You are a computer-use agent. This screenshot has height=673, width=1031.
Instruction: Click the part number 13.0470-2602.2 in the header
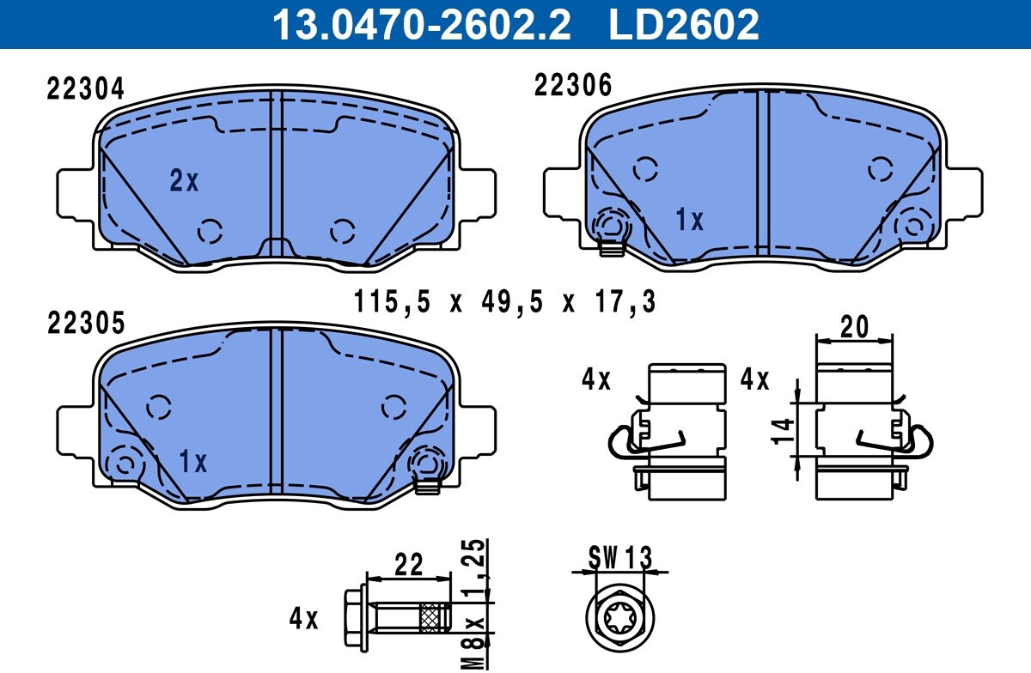(422, 24)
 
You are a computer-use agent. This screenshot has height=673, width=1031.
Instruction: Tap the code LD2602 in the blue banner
(684, 24)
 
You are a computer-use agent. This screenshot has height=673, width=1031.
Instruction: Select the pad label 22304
(86, 88)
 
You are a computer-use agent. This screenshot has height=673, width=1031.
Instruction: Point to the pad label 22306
(573, 85)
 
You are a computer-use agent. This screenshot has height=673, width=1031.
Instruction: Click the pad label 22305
(86, 323)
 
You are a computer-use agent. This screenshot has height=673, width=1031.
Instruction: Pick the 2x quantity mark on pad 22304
(184, 180)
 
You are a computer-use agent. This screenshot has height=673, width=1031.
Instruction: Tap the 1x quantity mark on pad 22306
(689, 220)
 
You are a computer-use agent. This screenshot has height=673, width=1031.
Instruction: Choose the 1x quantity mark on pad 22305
(192, 461)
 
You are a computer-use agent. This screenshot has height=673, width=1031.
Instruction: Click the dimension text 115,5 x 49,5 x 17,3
(504, 302)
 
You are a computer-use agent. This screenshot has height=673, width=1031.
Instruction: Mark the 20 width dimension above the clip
(854, 327)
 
